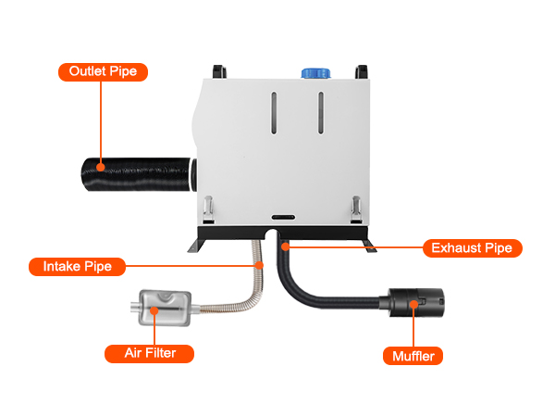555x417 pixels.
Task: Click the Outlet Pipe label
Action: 104,70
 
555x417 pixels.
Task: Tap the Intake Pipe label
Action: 77,267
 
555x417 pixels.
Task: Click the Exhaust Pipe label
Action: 473,248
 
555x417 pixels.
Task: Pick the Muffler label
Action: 413,355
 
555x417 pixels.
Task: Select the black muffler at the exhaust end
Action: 415,303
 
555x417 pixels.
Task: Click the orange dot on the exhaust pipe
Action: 286,247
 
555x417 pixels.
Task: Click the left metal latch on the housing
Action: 211,206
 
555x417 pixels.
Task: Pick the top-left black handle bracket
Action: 219,70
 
